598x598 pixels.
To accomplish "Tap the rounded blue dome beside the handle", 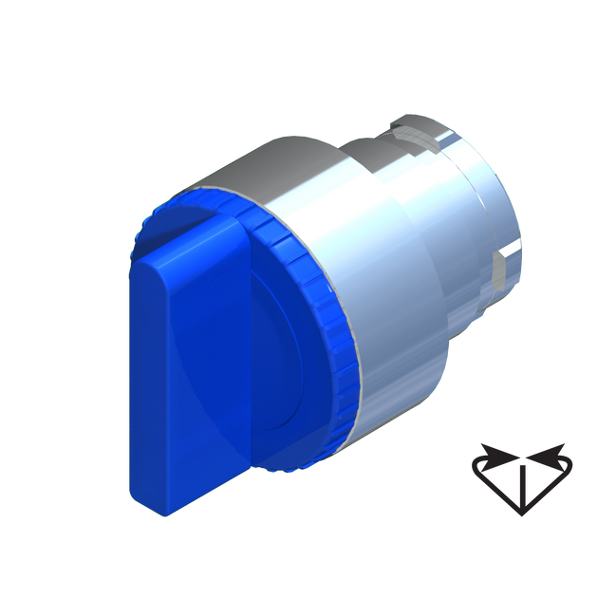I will (285, 380).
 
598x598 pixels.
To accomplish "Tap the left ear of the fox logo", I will (488, 452).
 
